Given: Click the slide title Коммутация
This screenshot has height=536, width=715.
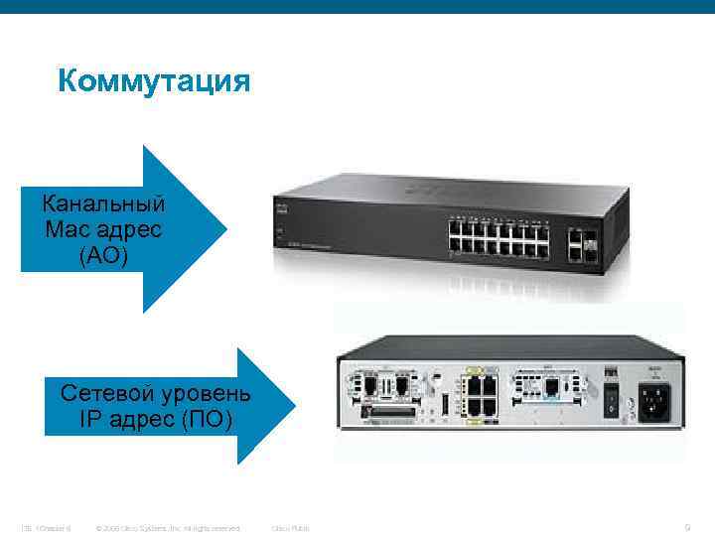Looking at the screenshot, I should [x=154, y=79].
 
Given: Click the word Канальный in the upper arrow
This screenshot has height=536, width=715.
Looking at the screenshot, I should [x=103, y=205].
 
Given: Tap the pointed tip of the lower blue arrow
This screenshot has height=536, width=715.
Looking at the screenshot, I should [x=294, y=405].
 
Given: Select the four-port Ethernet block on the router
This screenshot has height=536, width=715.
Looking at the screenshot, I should [x=483, y=396].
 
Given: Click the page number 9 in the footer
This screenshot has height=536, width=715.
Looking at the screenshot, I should [x=687, y=527].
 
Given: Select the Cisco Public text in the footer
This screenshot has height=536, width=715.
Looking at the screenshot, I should [x=290, y=528].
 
